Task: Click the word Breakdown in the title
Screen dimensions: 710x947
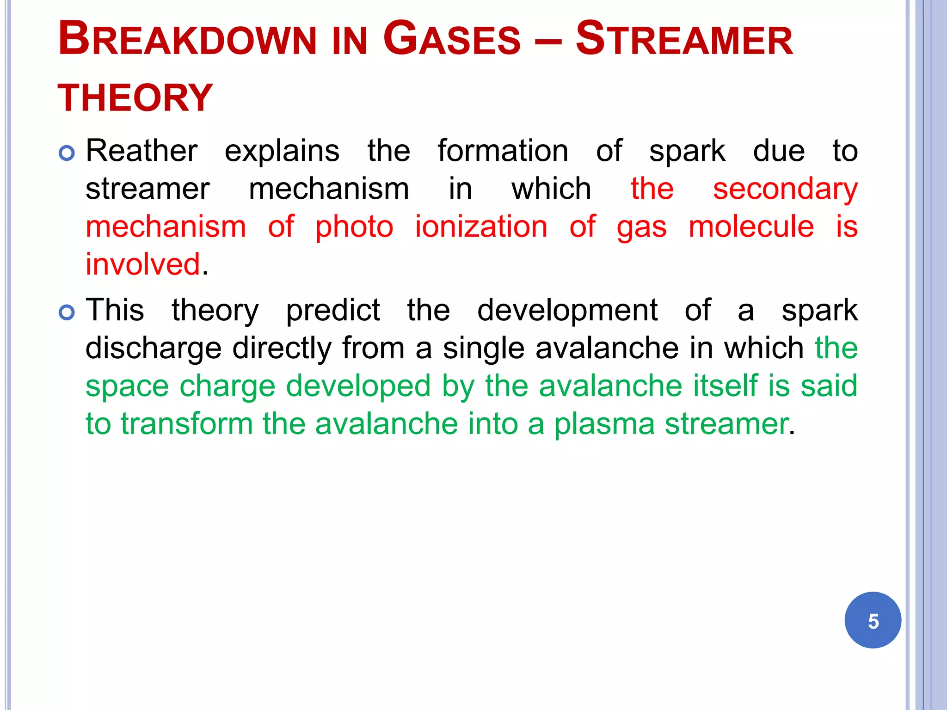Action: point(187,39)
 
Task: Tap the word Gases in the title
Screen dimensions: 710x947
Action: point(452,39)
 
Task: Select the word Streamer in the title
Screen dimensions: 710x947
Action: point(684,39)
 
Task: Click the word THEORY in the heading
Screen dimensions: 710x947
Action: point(135,98)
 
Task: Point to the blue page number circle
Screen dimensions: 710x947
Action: point(873,620)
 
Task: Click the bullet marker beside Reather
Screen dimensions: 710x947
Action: point(67,153)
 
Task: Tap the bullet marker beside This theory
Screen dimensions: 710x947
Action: point(67,312)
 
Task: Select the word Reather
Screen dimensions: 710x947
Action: point(141,151)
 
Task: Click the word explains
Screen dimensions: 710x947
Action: point(282,152)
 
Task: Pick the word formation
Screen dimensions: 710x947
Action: point(503,151)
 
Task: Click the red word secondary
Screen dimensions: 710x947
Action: point(785,190)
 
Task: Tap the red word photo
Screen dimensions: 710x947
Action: point(354,227)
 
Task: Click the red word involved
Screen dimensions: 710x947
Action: point(143,264)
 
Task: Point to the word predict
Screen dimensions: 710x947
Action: point(333,310)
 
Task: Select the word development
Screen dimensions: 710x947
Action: point(567,311)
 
